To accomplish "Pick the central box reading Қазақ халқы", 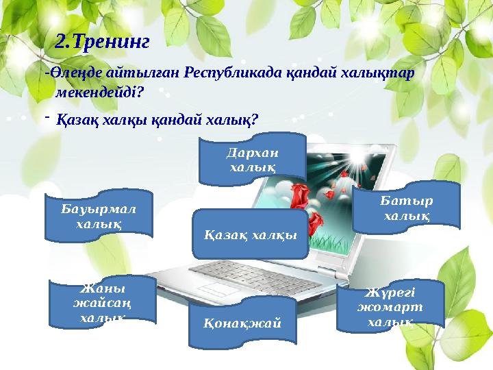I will (x=251, y=234).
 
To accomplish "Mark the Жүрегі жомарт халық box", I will (x=391, y=306).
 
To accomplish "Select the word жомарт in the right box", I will (x=390, y=306).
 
